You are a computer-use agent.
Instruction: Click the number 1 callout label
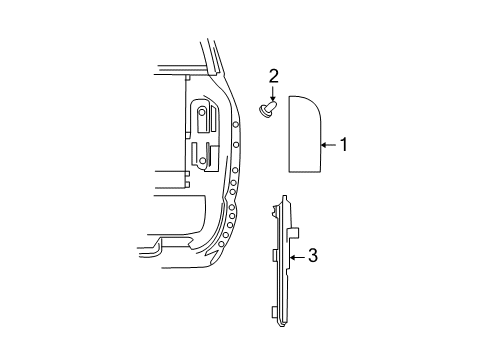tap(343, 146)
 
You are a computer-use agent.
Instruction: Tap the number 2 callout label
tap(272, 76)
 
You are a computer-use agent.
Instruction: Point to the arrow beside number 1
tap(327, 146)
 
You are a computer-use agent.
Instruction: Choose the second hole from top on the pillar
tap(236, 146)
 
